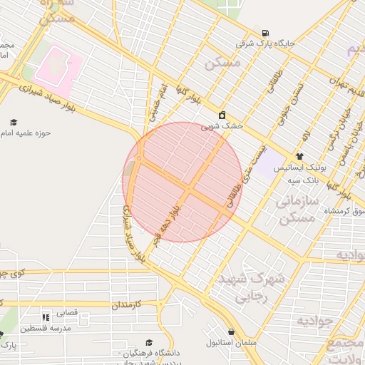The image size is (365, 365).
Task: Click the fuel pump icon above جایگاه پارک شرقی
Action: tap(265, 33)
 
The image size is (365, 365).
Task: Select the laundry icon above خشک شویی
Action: tap(222, 115)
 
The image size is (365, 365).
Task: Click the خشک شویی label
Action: tap(222, 125)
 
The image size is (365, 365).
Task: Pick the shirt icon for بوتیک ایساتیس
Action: tap(299, 156)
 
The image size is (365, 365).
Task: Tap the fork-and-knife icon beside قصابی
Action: tap(46, 317)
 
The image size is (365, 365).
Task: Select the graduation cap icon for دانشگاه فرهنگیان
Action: tap(149, 342)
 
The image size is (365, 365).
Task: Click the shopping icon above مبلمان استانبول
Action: tap(232, 331)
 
